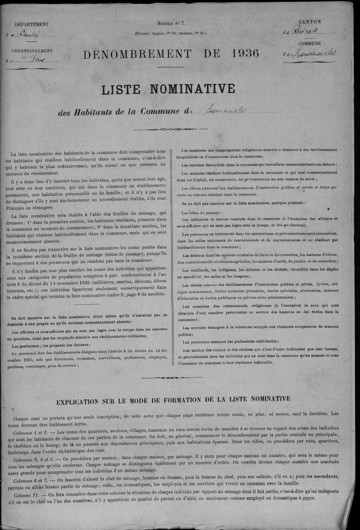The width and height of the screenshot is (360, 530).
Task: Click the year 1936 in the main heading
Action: point(245,54)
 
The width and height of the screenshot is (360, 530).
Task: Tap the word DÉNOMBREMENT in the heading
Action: point(137,54)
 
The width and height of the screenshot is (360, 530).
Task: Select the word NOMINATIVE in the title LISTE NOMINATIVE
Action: point(192,89)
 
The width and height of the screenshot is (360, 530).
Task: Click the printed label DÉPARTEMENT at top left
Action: point(31,25)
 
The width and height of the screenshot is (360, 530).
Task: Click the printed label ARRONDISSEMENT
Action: point(32,51)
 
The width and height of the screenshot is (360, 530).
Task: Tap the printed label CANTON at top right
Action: point(310,22)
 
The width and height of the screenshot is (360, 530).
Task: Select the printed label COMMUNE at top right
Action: point(310,43)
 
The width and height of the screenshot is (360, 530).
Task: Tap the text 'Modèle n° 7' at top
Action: point(171,23)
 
